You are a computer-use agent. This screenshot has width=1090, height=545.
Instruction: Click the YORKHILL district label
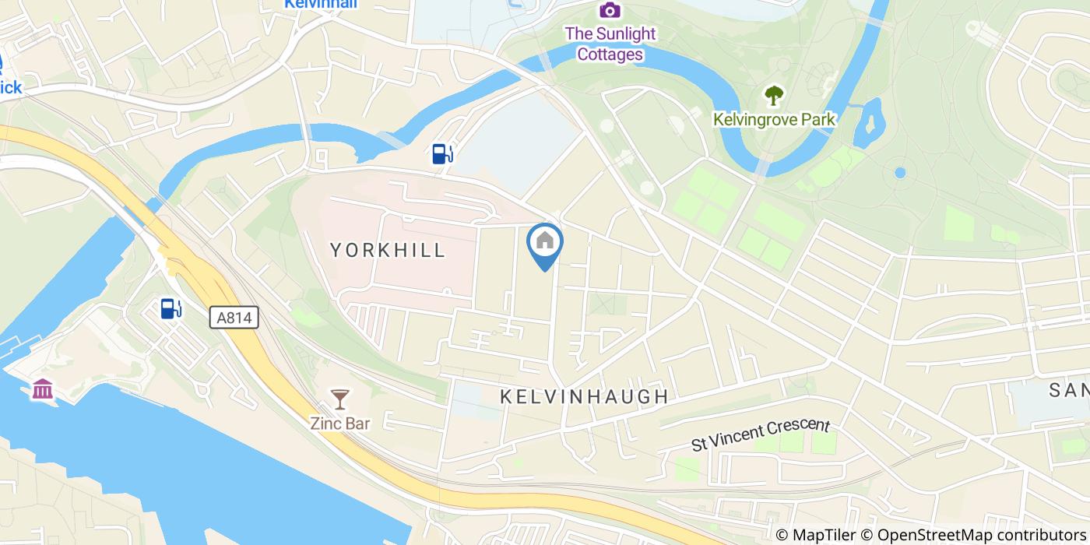pyautogui.click(x=388, y=250)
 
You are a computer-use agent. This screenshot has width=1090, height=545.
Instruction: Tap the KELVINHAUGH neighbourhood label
pyautogui.click(x=584, y=396)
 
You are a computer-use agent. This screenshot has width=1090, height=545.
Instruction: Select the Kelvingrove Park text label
pyautogui.click(x=774, y=119)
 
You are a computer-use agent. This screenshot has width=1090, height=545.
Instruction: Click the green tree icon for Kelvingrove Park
pyautogui.click(x=774, y=96)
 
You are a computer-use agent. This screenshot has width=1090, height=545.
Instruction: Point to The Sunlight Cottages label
pyautogui.click(x=610, y=44)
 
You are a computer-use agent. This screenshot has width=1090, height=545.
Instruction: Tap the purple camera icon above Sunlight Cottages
pyautogui.click(x=610, y=10)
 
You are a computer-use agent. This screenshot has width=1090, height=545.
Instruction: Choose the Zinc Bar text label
pyautogui.click(x=340, y=424)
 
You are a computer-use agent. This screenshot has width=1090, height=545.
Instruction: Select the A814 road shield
pyautogui.click(x=234, y=317)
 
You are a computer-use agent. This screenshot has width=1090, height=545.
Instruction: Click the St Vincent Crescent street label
pyautogui.click(x=761, y=434)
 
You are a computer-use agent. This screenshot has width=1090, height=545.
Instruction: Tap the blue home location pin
pyautogui.click(x=545, y=244)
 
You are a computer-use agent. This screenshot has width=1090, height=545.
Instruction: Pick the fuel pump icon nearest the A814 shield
pyautogui.click(x=171, y=308)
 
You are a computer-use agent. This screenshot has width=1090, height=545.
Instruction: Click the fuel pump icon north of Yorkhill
pyautogui.click(x=441, y=153)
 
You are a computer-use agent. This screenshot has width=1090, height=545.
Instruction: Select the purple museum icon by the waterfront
pyautogui.click(x=43, y=389)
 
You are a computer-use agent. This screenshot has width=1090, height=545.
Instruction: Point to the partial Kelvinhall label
pyautogui.click(x=320, y=4)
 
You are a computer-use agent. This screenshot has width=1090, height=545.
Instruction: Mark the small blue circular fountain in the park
pyautogui.click(x=900, y=172)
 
